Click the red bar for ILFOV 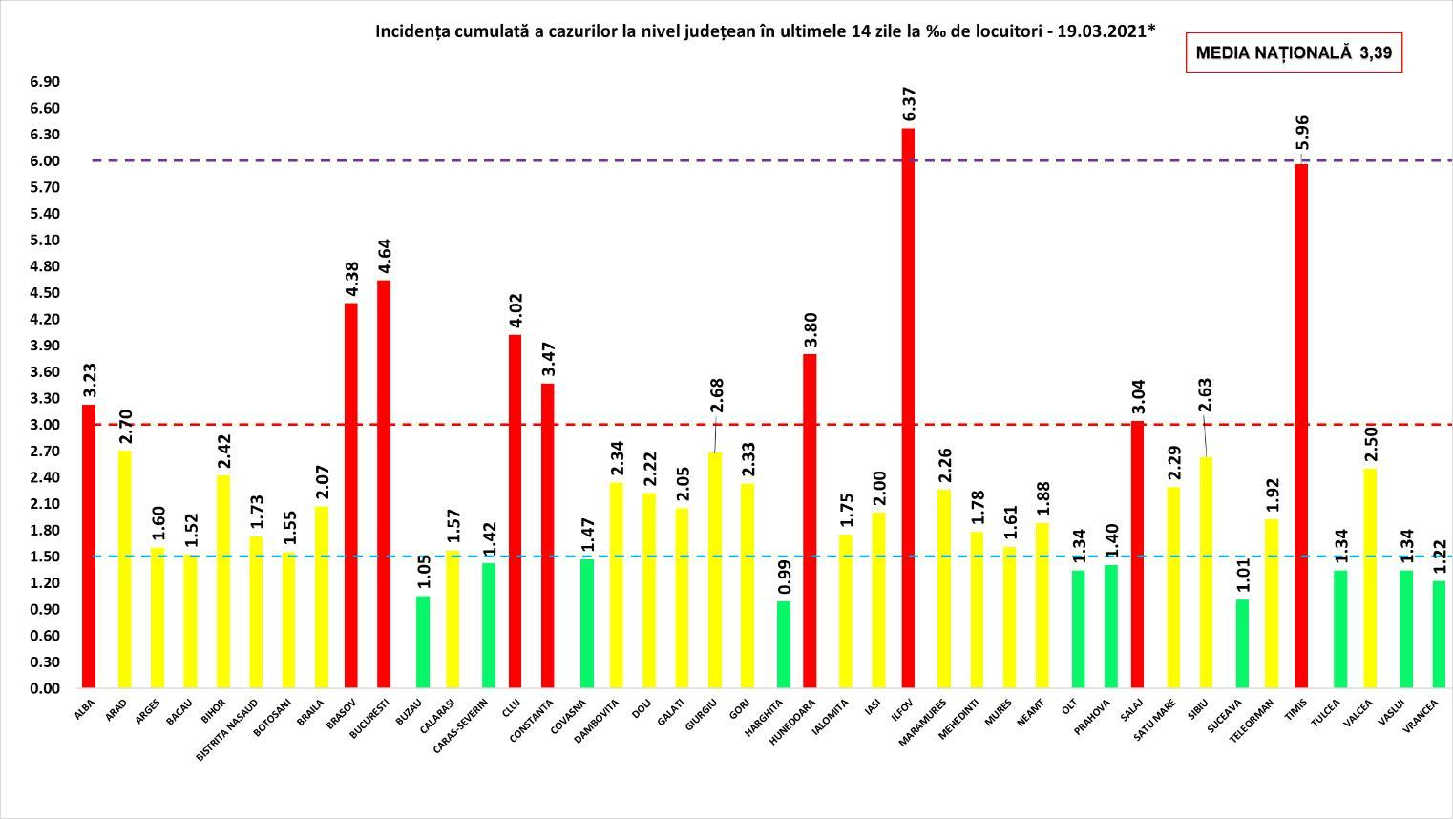pyautogui.click(x=908, y=408)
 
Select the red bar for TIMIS pyautogui.click(x=1301, y=426)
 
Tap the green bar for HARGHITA pyautogui.click(x=783, y=643)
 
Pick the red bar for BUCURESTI pyautogui.click(x=384, y=484)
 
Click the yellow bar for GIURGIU pyautogui.click(x=715, y=570)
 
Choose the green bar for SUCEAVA pyautogui.click(x=1242, y=642)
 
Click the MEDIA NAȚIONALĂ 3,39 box pyautogui.click(x=1294, y=53)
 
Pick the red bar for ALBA pyautogui.click(x=89, y=546)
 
